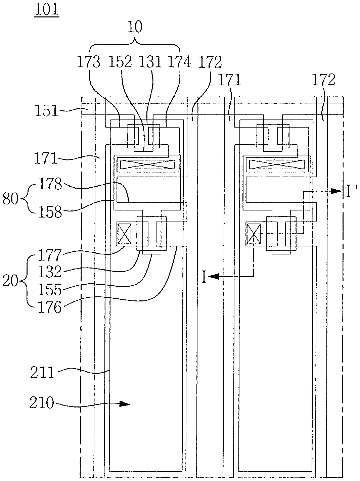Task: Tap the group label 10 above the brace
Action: [135, 27]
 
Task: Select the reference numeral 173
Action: [89, 62]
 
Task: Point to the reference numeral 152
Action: [120, 62]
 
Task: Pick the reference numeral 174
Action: [179, 62]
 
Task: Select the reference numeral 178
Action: [50, 184]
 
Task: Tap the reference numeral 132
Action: [50, 272]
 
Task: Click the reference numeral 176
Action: [50, 307]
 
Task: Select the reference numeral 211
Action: [42, 372]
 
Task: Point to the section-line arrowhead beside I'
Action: [336, 191]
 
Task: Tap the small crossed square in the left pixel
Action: [125, 234]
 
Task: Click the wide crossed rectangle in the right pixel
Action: [277, 164]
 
